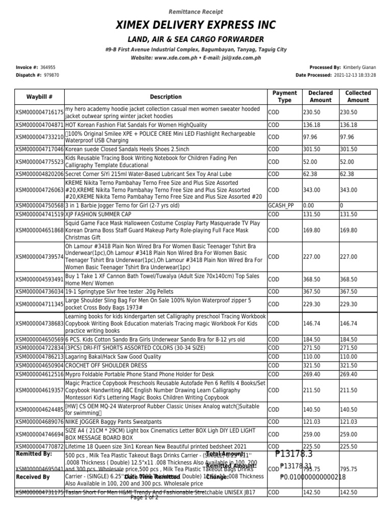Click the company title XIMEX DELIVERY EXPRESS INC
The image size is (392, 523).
[x=196, y=25]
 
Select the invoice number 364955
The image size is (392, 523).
[x=47, y=67]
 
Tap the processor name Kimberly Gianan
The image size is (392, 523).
[x=360, y=67]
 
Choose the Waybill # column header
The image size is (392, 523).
[x=39, y=97]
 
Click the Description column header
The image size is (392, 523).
[x=165, y=97]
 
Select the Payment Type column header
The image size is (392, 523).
[x=284, y=97]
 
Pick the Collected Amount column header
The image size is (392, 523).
[x=358, y=97]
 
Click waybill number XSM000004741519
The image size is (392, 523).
[x=39, y=215]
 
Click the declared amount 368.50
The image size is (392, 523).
[x=311, y=279]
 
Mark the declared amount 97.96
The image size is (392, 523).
[x=310, y=137]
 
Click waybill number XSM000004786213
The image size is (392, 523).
[x=39, y=358]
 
